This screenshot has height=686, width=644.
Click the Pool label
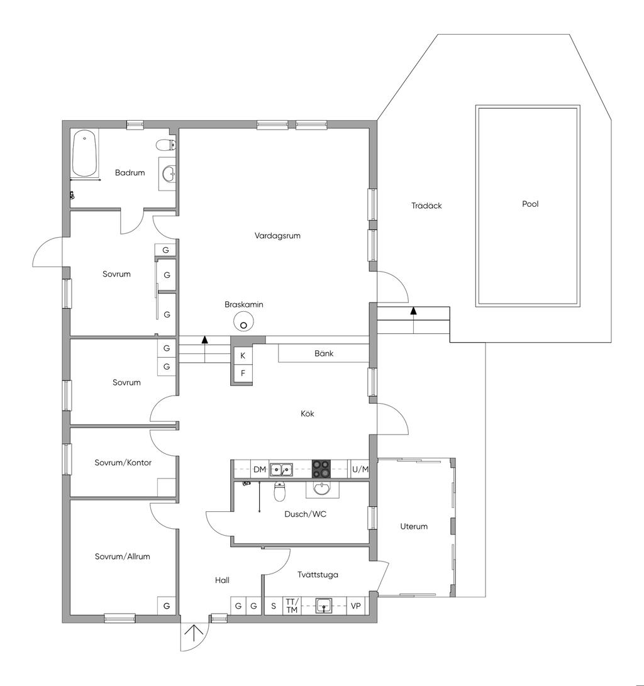(530, 204)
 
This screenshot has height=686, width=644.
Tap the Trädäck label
(426, 206)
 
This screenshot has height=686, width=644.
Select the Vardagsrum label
(277, 236)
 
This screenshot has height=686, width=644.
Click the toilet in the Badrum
(166, 144)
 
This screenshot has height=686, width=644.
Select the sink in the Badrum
(169, 174)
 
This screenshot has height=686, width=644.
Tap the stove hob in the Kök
(321, 469)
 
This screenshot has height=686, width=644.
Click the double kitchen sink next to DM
(281, 470)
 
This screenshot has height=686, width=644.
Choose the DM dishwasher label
(260, 470)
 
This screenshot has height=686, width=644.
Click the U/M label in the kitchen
(360, 470)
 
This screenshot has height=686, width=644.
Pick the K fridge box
(243, 356)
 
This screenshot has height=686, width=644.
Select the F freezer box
(243, 373)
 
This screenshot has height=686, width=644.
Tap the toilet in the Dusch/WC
(280, 491)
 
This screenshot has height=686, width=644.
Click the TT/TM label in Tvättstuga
(292, 606)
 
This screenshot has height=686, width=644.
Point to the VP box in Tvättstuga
(356, 606)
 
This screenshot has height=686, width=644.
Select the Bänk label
(324, 353)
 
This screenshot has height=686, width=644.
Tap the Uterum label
(414, 526)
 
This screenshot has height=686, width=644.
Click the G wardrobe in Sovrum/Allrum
(167, 606)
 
